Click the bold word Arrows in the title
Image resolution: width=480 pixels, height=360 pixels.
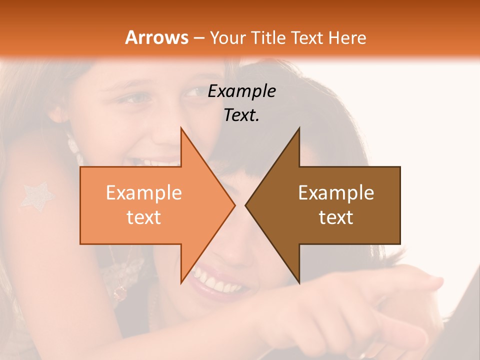pyautogui.click(x=156, y=37)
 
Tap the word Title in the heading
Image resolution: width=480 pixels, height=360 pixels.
pyautogui.click(x=269, y=37)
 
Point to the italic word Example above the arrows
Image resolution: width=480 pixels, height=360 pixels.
pyautogui.click(x=241, y=91)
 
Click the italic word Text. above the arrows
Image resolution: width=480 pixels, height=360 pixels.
pyautogui.click(x=241, y=115)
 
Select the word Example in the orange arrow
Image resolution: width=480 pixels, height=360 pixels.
pyautogui.click(x=144, y=193)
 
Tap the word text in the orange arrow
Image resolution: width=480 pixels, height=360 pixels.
pyautogui.click(x=144, y=217)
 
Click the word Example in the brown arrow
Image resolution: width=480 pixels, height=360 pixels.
pyautogui.click(x=336, y=193)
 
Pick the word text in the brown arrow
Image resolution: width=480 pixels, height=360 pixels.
pyautogui.click(x=336, y=217)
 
